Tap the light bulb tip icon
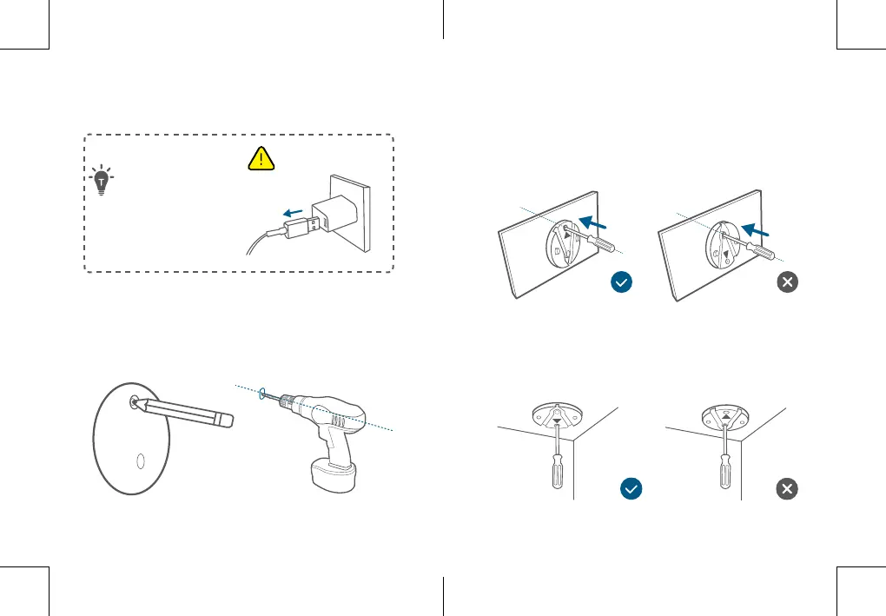[x=102, y=181]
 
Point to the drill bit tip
[x=262, y=394]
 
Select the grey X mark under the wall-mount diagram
[x=787, y=282]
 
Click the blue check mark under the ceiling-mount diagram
[x=631, y=489]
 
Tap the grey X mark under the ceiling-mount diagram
[x=787, y=489]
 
